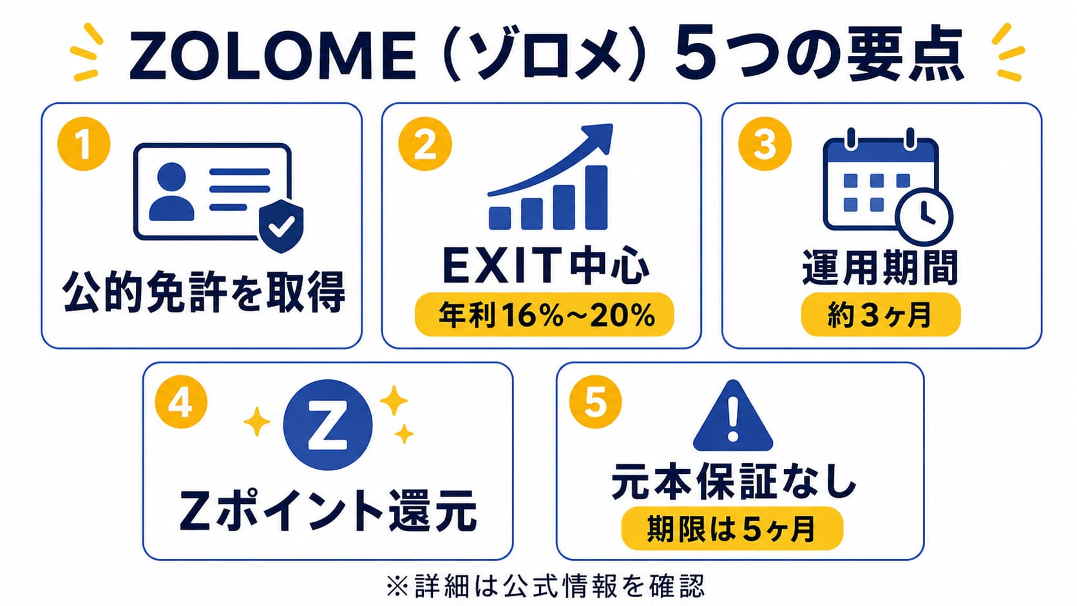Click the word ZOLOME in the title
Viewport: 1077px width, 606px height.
tap(272, 56)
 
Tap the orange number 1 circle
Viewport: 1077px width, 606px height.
tap(84, 144)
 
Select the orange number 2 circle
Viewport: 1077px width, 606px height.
tap(425, 144)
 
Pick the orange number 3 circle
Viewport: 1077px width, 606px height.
tap(765, 144)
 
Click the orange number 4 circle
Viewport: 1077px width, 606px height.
tap(181, 402)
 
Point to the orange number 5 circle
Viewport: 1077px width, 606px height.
tap(595, 402)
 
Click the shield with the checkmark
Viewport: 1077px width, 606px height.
tap(281, 225)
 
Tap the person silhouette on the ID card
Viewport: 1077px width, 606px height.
tap(171, 191)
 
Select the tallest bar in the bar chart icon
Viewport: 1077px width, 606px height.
tap(596, 198)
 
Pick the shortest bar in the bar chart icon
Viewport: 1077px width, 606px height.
tap(500, 218)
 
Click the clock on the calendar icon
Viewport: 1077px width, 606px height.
tap(924, 216)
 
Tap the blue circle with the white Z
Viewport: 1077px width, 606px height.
tap(327, 425)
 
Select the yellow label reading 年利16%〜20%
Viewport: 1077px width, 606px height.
tap(544, 314)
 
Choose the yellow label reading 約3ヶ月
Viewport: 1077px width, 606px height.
tap(881, 314)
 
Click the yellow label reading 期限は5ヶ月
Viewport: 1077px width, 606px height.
tap(732, 528)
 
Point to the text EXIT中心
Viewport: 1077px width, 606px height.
tap(546, 265)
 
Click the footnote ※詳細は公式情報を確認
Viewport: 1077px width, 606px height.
tap(545, 585)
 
